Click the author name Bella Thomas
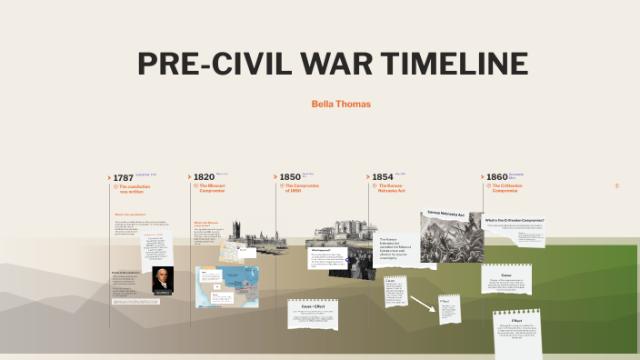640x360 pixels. coord(341,105)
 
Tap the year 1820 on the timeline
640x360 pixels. coord(204,176)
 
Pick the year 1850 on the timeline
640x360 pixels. coord(290,176)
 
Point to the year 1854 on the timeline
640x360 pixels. coord(382,176)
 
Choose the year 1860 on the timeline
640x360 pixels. coord(496,176)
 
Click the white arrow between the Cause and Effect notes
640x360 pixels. coord(421,303)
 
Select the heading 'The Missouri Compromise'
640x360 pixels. coord(212,188)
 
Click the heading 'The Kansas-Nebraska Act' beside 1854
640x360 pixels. coord(390,188)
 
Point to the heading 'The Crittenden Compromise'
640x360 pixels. coord(505,188)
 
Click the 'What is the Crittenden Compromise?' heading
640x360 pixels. coord(515,220)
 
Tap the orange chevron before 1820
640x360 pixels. coord(189,177)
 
